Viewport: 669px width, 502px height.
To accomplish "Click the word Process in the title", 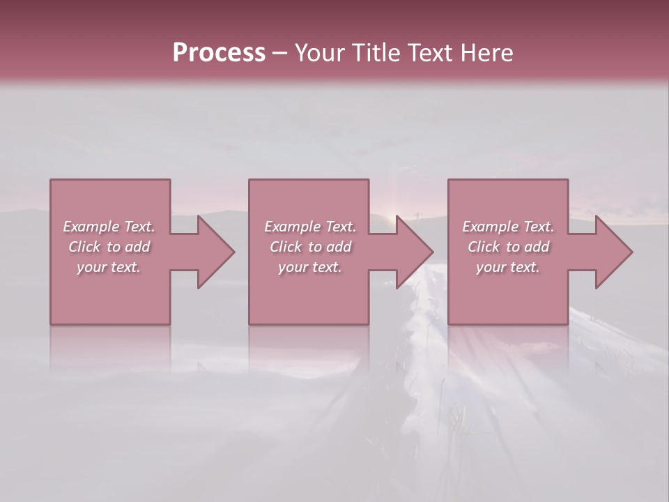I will (219, 53).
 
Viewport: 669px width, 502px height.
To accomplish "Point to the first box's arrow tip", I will (233, 252).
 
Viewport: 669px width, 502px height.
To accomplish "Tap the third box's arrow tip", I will (631, 252).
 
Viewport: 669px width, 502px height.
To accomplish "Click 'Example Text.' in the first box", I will (109, 227).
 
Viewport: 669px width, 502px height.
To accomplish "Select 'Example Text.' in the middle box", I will (309, 227).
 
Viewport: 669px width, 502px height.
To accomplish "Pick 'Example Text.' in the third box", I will (508, 227).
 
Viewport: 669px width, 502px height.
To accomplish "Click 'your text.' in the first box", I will (109, 267).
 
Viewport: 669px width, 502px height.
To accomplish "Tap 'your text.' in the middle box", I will (309, 267).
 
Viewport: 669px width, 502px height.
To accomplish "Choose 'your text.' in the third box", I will (508, 267).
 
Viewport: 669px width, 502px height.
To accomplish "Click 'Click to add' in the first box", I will (109, 247).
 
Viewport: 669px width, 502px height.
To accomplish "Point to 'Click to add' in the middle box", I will (309, 247).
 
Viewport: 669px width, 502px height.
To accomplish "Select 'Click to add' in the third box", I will (508, 247).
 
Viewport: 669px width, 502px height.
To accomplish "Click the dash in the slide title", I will (279, 53).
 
